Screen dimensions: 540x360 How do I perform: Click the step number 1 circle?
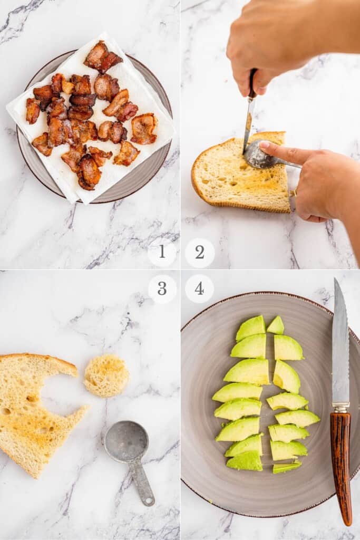click(x=162, y=253)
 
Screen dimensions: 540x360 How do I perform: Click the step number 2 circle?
click(x=200, y=253)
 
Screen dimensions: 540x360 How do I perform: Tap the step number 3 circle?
click(x=162, y=288)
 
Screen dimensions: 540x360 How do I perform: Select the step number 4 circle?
click(x=200, y=288)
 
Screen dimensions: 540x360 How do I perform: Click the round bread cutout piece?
click(x=106, y=375)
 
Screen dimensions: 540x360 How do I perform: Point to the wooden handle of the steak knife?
click(x=342, y=464)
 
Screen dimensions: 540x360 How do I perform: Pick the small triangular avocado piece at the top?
click(x=276, y=325)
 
